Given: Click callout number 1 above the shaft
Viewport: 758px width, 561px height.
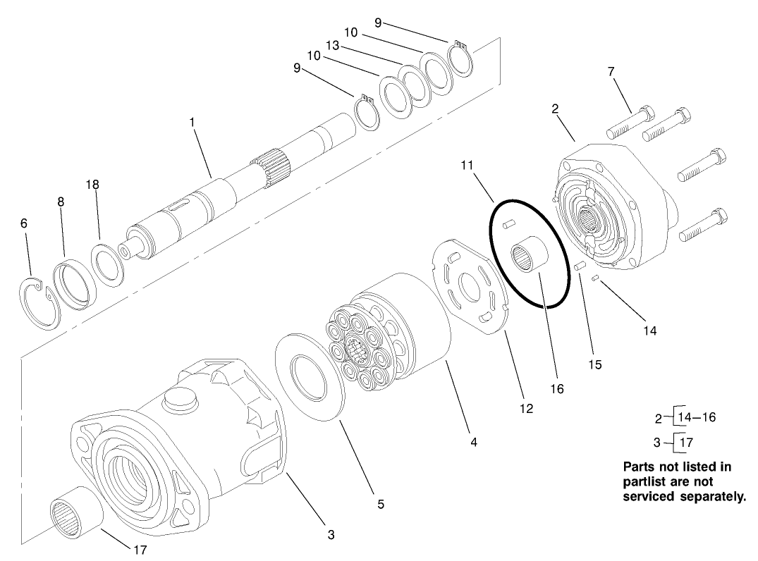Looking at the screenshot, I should [192, 122].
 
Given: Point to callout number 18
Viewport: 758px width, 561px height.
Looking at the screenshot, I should [92, 184].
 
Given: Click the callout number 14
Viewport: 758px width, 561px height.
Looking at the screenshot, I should [649, 329].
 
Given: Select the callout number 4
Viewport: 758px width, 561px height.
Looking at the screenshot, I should [474, 442].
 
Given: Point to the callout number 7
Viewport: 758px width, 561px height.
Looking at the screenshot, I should [611, 71].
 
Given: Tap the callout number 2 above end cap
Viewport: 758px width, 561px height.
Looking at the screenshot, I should [555, 109].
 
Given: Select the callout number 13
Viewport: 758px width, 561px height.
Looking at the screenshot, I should [334, 45].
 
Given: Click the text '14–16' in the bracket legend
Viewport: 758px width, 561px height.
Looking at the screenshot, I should [696, 417].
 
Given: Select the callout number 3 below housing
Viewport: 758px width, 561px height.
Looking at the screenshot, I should [331, 534].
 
